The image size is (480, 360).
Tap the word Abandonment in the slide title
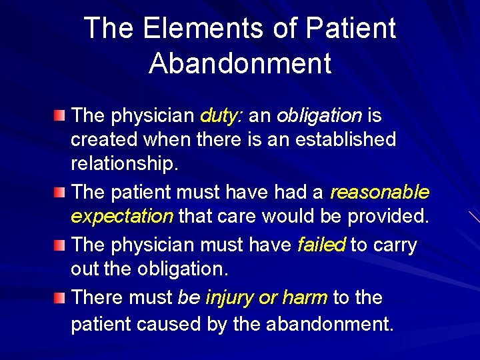click(x=240, y=63)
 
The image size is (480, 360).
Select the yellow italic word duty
click(x=223, y=116)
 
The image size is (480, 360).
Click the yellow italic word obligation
click(x=319, y=116)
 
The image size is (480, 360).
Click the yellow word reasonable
click(x=379, y=193)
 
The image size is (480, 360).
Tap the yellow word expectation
click(x=122, y=217)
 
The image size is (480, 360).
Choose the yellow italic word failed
click(x=321, y=245)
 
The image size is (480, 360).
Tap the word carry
click(x=393, y=245)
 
